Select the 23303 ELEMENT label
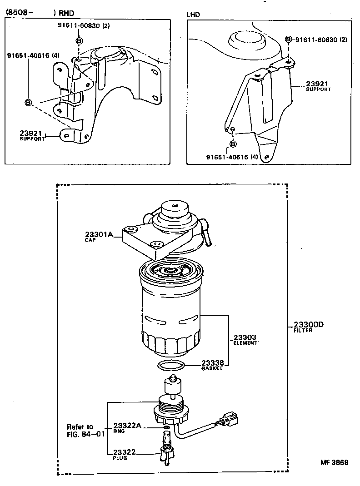(245, 339)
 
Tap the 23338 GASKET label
(212, 365)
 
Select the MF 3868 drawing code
(335, 462)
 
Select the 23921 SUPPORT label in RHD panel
(31, 135)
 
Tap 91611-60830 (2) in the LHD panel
(321, 40)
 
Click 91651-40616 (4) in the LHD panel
(232, 157)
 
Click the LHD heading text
(193, 15)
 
